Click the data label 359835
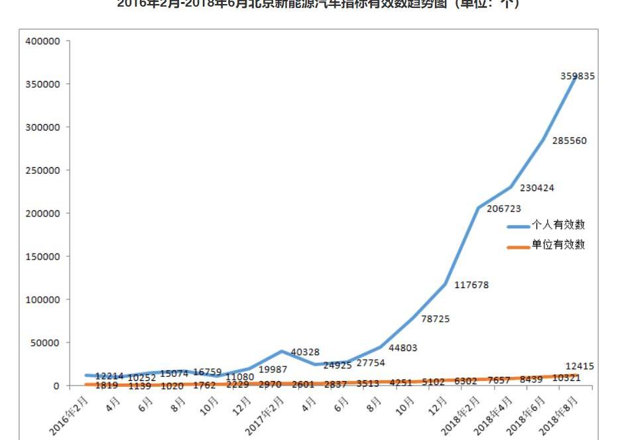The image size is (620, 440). coord(578,76)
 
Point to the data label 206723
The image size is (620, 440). coord(505,208)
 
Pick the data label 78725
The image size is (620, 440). coord(435,319)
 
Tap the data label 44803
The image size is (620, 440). coord(403,348)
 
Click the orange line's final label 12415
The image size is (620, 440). coord(580,366)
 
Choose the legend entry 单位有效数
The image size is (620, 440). coord(558,245)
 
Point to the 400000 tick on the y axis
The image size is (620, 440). coord(43,41)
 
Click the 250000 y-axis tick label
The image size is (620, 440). coord(43,171)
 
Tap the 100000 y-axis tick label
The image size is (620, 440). coord(43,299)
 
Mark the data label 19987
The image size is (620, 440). coord(273,369)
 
